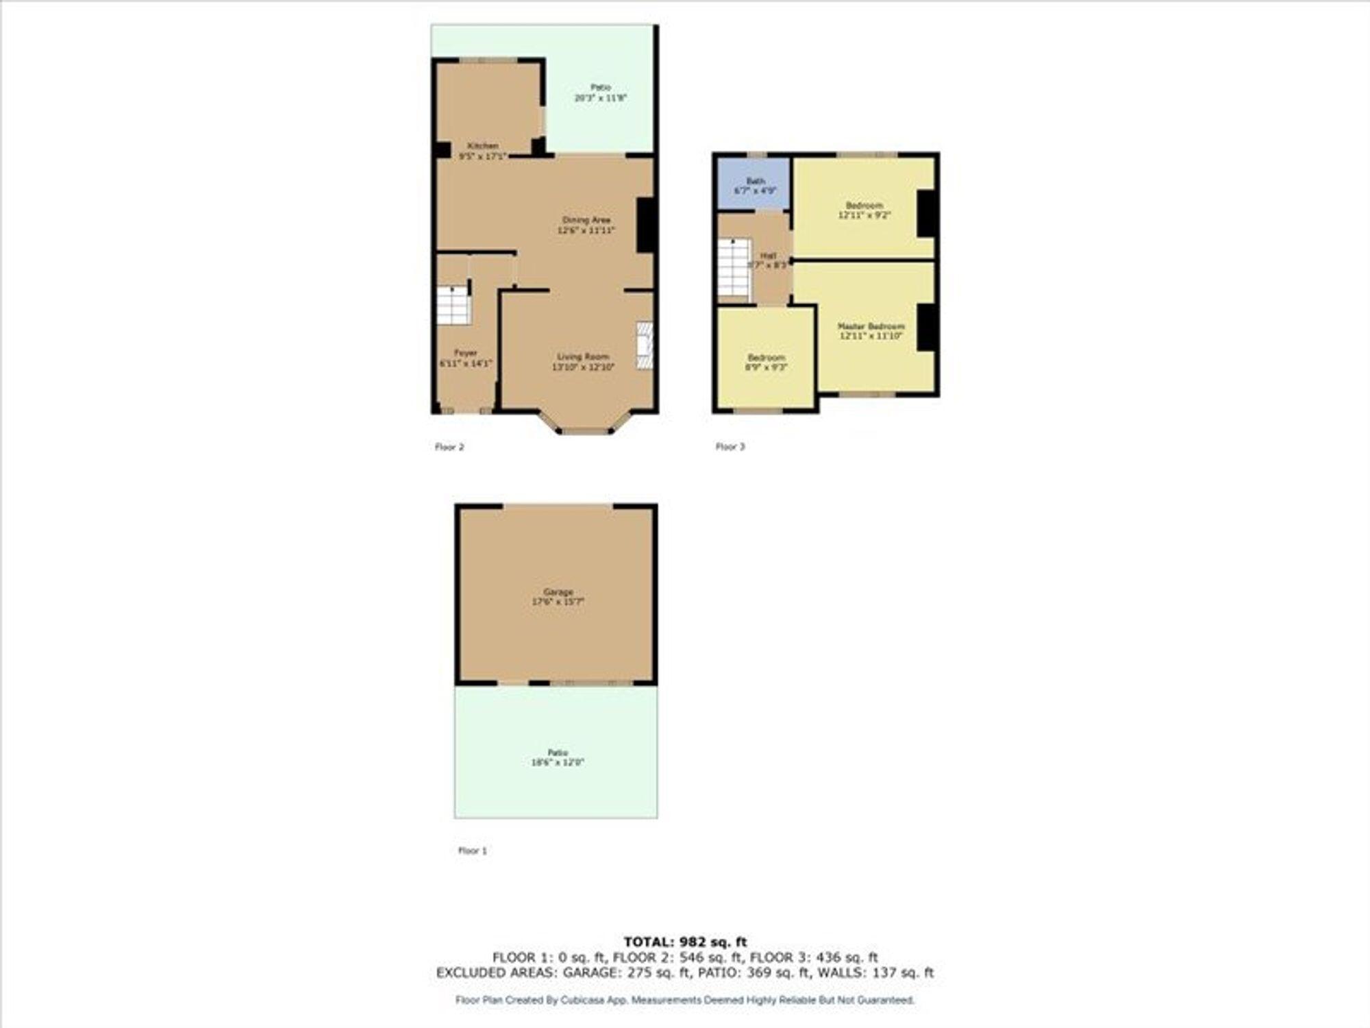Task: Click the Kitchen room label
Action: [x=483, y=146]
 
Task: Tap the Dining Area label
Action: [x=586, y=220]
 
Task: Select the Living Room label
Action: [x=583, y=357]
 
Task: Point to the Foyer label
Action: [x=466, y=353]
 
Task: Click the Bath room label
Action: [x=756, y=181]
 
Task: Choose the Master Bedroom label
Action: [x=871, y=327]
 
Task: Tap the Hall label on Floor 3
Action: [x=769, y=256]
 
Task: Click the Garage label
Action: [x=558, y=592]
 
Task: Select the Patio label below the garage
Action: [x=558, y=752]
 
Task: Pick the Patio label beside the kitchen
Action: [x=601, y=88]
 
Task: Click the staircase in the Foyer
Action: [x=453, y=306]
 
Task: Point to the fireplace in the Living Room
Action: [x=644, y=346]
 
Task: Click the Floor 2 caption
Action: [x=449, y=447]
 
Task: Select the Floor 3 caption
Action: [x=730, y=447]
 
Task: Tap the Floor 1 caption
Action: [x=473, y=850]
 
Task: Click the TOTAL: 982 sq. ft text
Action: [x=685, y=942]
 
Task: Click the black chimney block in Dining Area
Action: [x=646, y=225]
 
